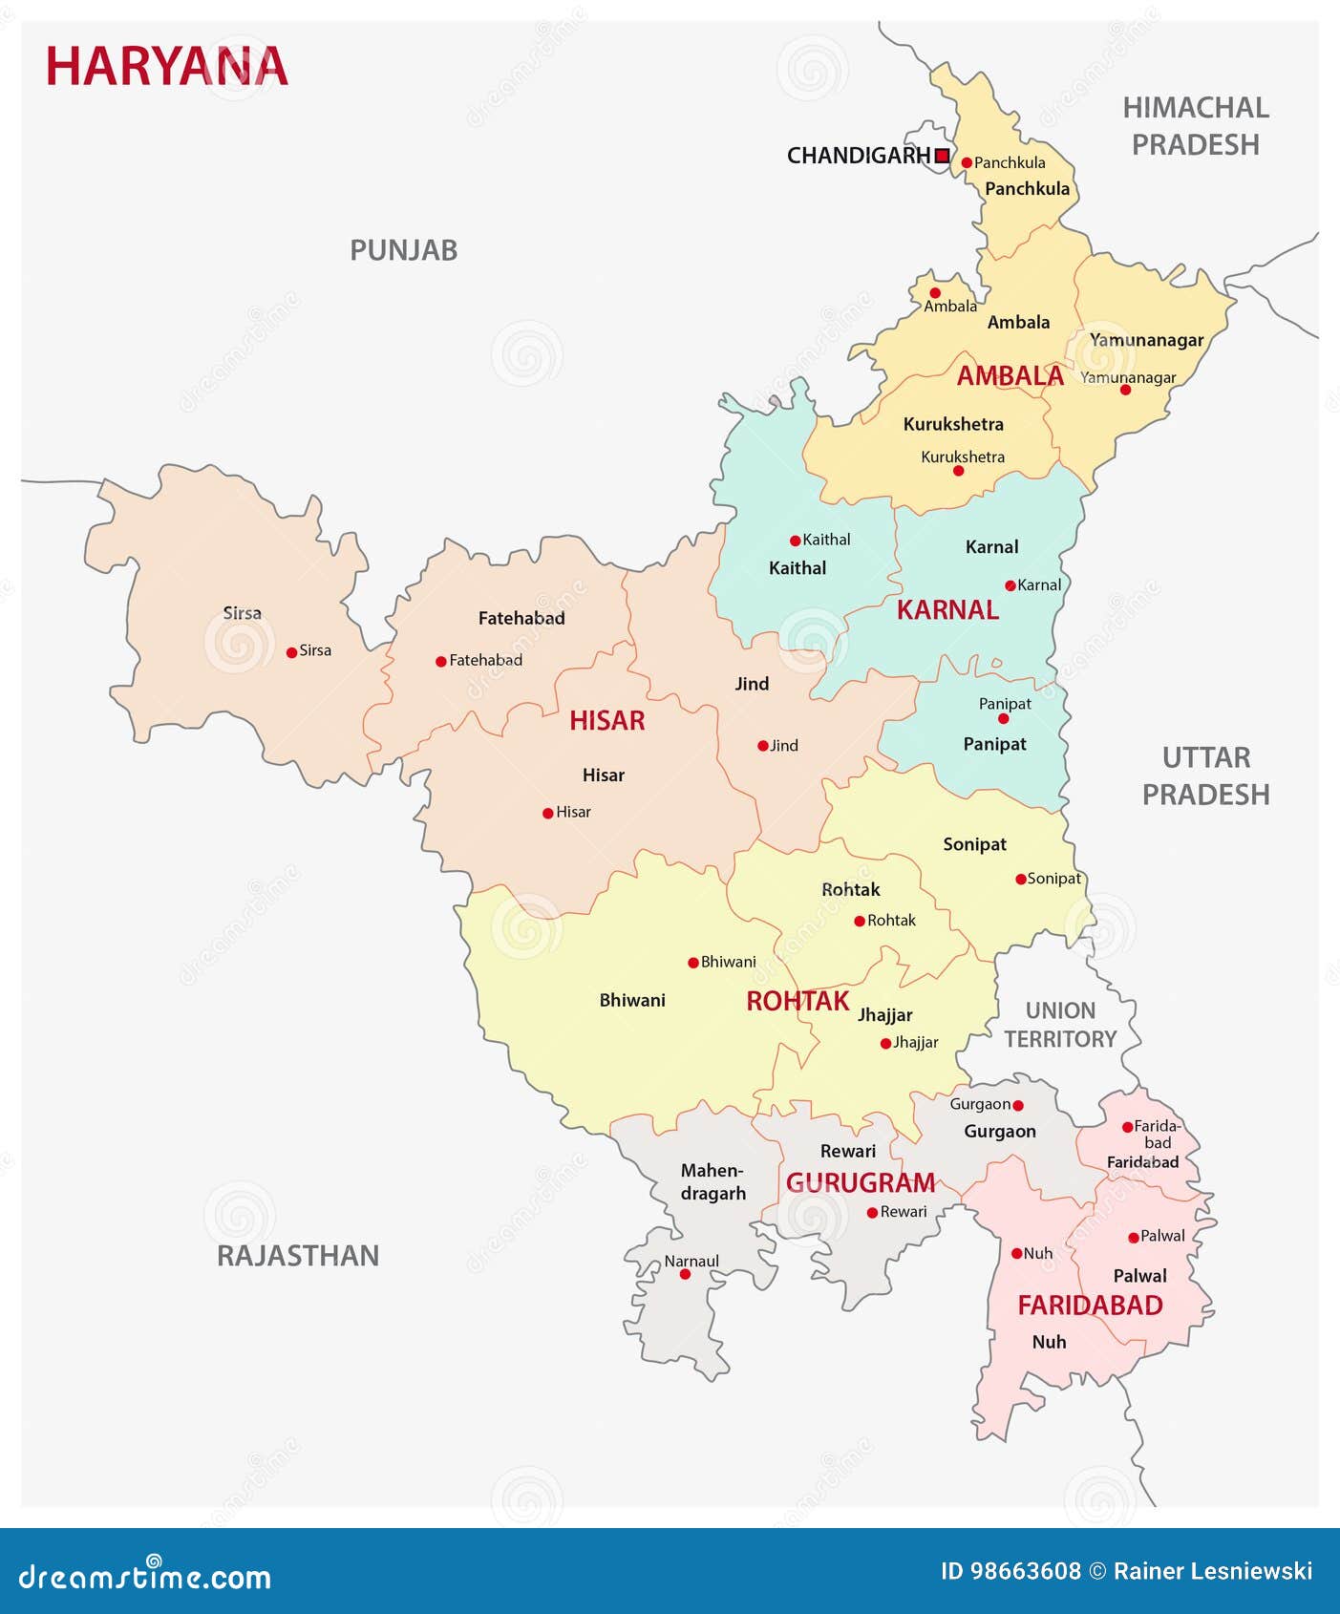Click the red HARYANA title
(166, 67)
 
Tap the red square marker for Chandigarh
(942, 156)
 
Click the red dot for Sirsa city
(291, 652)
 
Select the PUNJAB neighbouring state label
(403, 250)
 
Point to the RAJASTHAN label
(297, 1255)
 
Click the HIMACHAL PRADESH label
(1195, 126)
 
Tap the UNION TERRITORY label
(1060, 1025)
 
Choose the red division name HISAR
(606, 720)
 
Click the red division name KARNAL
(947, 609)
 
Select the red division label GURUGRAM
(860, 1182)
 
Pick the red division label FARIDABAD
(1090, 1305)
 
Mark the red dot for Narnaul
(685, 1274)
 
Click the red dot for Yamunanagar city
(1125, 390)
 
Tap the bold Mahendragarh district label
(713, 1181)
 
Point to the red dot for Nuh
(1016, 1253)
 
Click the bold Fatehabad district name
(521, 618)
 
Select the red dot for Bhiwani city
(693, 963)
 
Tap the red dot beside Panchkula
(967, 163)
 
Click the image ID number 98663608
(1025, 1571)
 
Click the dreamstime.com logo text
(144, 1577)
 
